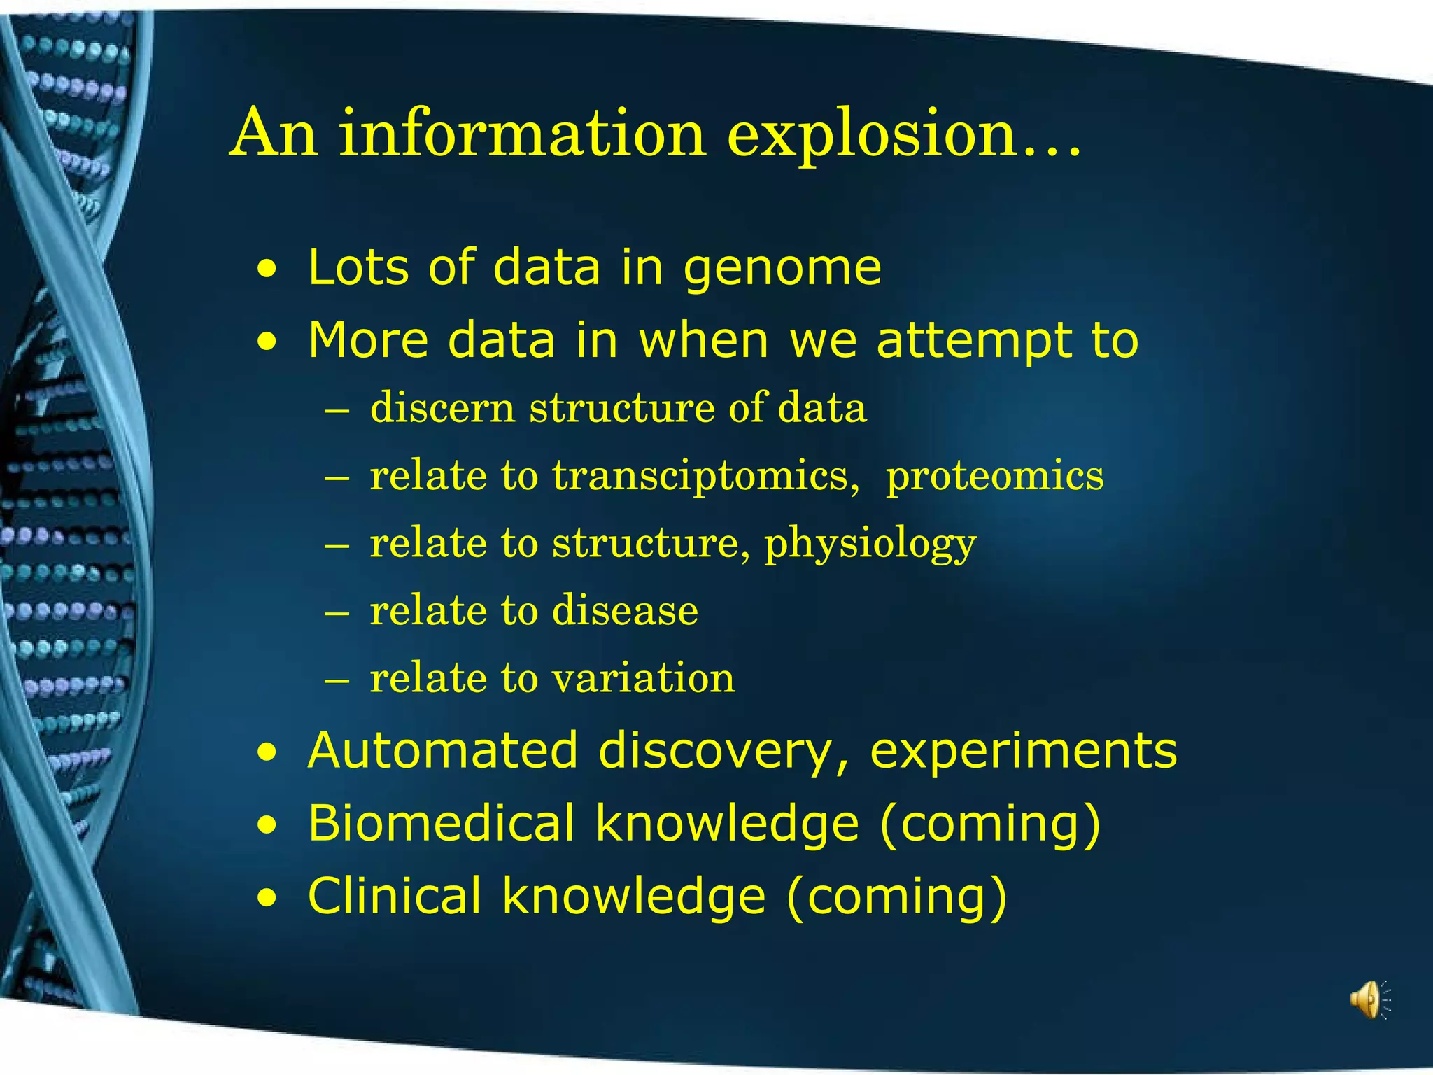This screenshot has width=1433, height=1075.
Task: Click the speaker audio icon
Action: click(1368, 999)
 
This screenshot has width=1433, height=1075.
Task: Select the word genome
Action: click(782, 269)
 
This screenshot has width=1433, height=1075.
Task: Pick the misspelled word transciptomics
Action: click(705, 476)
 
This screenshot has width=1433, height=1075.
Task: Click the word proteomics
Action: click(994, 476)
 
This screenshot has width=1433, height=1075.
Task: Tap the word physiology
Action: click(870, 544)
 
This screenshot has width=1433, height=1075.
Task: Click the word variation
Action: click(643, 678)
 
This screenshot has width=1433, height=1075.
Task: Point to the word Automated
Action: click(443, 750)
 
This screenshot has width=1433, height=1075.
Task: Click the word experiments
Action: click(1023, 750)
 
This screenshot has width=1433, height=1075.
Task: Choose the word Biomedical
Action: click(441, 823)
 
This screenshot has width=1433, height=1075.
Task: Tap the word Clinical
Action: click(395, 896)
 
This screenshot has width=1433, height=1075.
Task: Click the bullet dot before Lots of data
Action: click(266, 269)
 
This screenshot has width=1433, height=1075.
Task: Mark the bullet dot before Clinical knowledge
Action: click(266, 897)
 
